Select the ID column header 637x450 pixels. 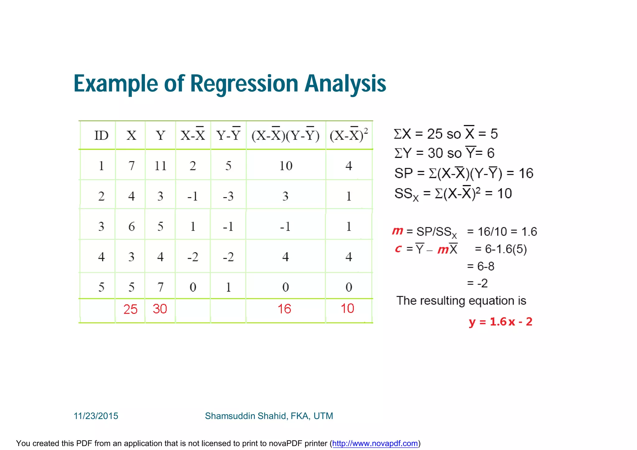[101, 136]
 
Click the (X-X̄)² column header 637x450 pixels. [349, 136]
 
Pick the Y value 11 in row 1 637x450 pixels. [160, 166]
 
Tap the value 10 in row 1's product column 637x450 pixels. [286, 166]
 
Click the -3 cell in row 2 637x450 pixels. [228, 196]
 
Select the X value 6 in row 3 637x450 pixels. [131, 226]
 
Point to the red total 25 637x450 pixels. [130, 309]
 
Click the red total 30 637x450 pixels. [160, 309]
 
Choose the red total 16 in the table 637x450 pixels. [284, 309]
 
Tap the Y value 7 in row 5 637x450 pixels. [160, 287]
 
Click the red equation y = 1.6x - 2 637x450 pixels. [500, 322]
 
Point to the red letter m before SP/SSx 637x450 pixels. [398, 231]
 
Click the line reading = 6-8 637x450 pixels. [481, 267]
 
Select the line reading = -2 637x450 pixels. [477, 283]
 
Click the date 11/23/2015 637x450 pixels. [96, 416]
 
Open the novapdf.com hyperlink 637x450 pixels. [375, 443]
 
